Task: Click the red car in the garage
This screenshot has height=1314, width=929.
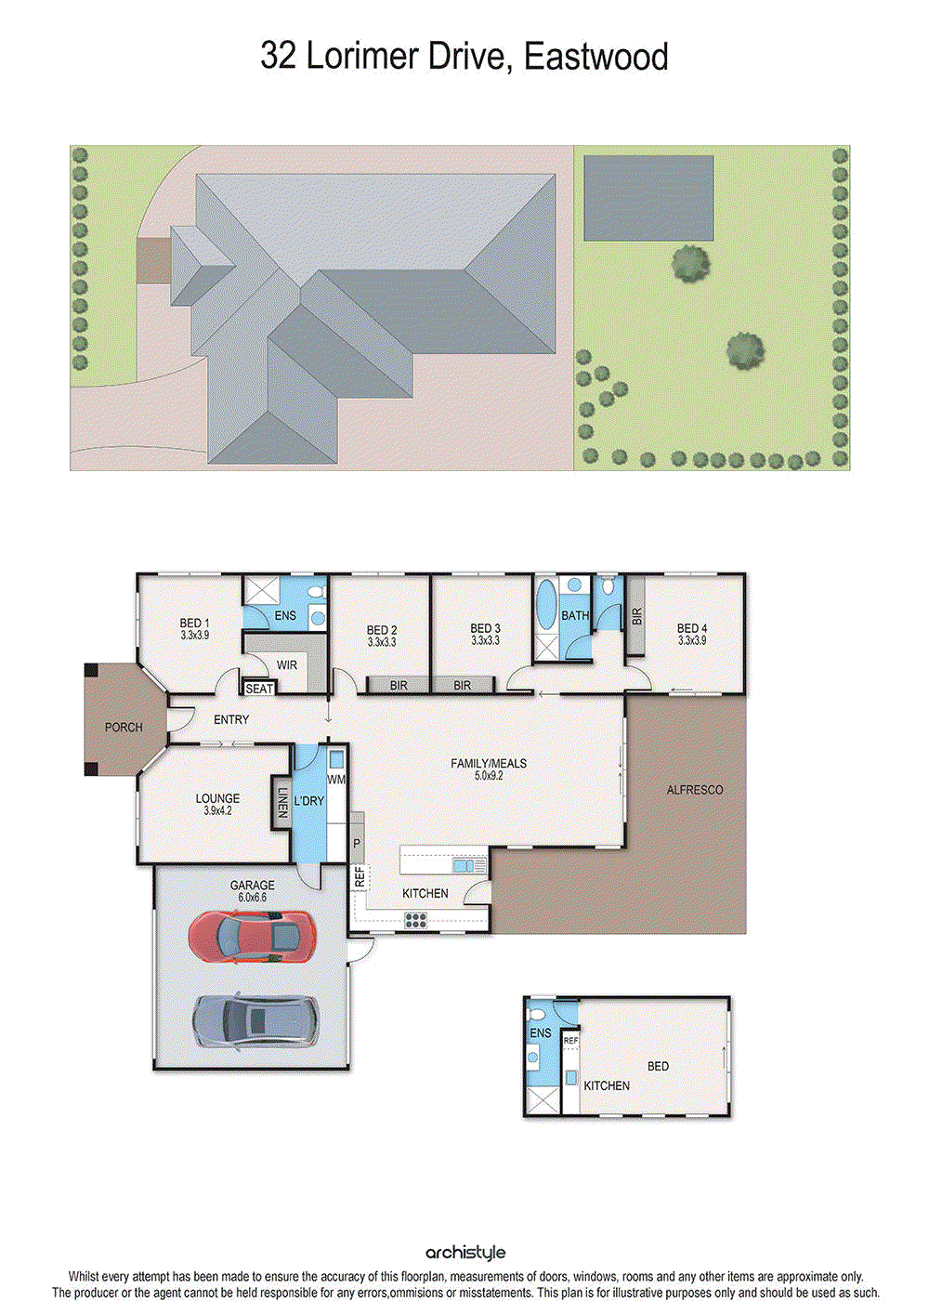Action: (251, 935)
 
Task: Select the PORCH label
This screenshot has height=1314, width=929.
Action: (124, 727)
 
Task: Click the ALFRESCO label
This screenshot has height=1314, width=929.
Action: (695, 790)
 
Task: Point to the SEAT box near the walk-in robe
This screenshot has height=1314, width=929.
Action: (259, 689)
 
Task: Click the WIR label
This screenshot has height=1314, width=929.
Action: (287, 665)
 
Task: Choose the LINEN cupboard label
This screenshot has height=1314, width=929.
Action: (282, 804)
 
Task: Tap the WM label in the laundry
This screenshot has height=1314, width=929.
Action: (336, 780)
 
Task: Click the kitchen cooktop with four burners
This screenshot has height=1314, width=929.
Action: (415, 921)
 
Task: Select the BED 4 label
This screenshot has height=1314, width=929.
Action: (692, 629)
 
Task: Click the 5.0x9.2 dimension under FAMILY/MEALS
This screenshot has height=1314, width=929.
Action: (489, 775)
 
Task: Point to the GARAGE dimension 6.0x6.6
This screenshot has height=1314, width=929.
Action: (253, 898)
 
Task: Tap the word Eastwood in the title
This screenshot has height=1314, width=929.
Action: (595, 57)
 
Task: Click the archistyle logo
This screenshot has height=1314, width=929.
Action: (465, 1253)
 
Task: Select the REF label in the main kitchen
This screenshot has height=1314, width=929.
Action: (360, 876)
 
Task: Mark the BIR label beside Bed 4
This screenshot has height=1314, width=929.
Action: (636, 617)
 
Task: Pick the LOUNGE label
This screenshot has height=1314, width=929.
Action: (217, 798)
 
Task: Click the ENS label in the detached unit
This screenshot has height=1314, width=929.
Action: (540, 1033)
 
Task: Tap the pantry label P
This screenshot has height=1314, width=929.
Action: (357, 843)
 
